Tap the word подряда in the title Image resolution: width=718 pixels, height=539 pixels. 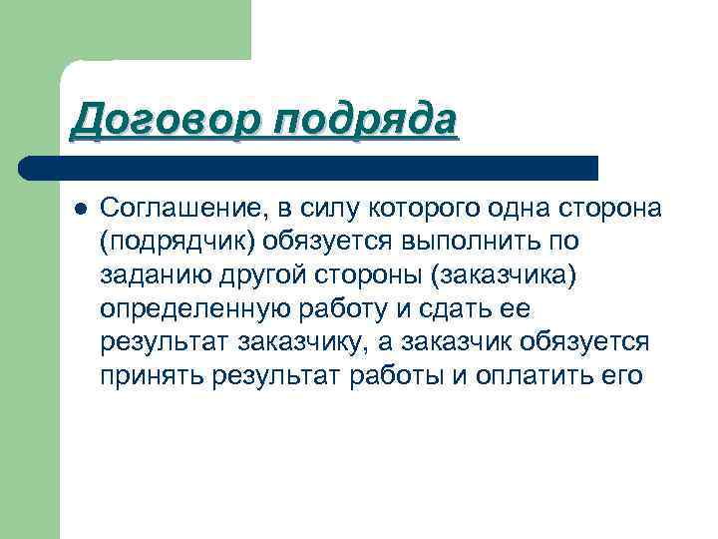tap(365, 121)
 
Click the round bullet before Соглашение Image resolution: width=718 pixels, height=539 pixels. tap(79, 208)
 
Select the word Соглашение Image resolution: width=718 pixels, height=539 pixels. tap(178, 208)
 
